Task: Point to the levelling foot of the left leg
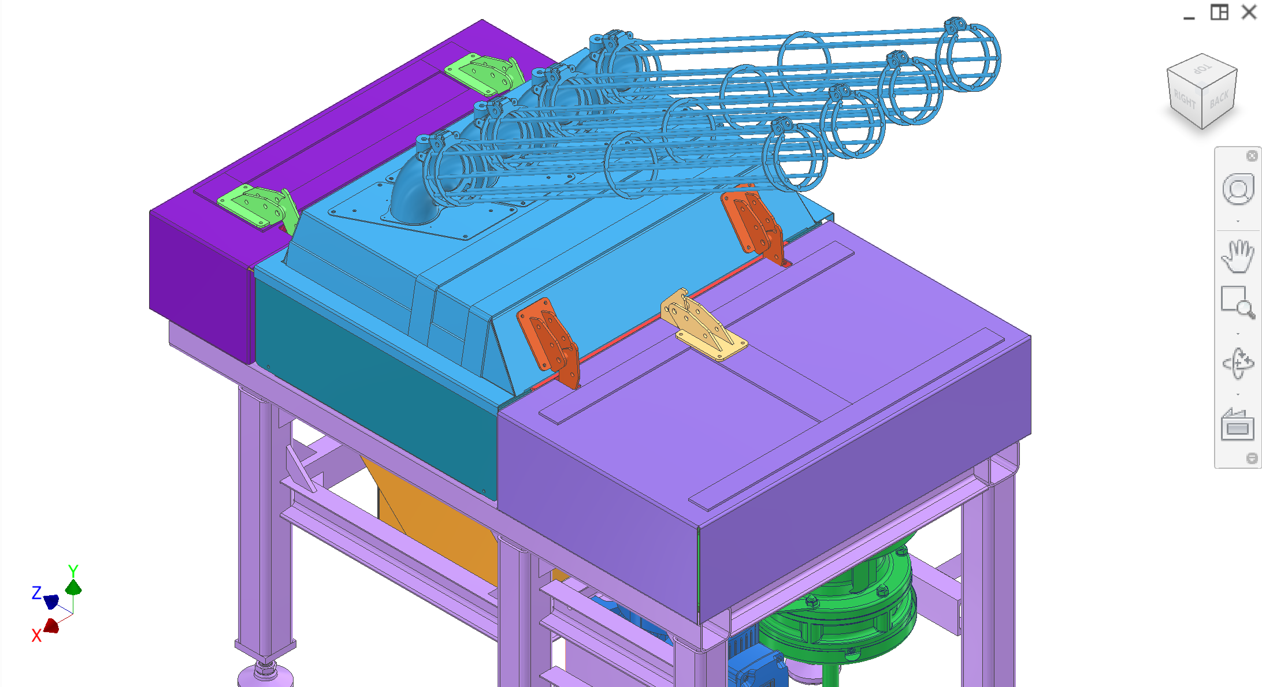point(265,673)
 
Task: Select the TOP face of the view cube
point(1202,69)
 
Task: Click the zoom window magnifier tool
point(1238,302)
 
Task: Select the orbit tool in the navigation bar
point(1238,364)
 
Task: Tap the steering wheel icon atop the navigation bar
point(1238,189)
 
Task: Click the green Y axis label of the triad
point(73,570)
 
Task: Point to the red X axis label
point(36,636)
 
